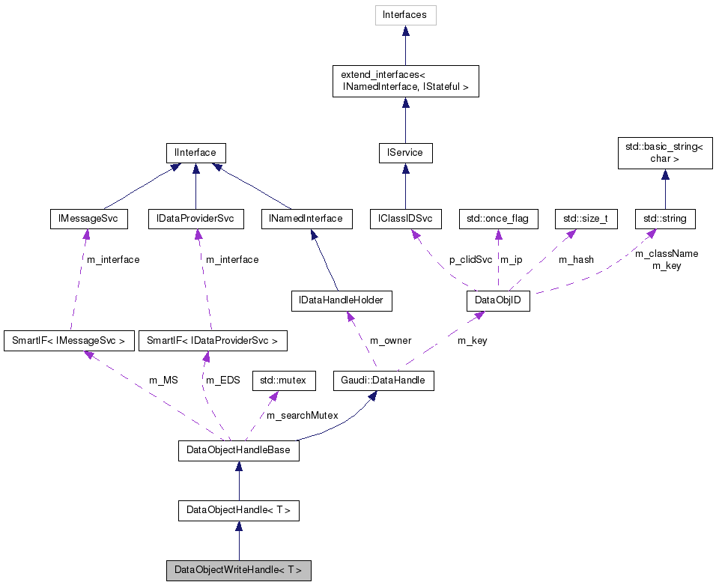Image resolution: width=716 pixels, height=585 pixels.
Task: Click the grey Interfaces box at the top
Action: tap(405, 15)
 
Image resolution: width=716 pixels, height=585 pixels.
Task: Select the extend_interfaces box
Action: tap(405, 81)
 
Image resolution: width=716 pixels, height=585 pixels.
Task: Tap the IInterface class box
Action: tap(195, 153)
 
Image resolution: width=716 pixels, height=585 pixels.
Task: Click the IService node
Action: tap(405, 153)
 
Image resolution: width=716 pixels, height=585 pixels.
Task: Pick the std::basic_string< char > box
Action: tap(664, 153)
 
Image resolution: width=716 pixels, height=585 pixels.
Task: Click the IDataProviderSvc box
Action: tap(195, 219)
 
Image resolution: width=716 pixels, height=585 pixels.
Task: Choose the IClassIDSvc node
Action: tap(405, 219)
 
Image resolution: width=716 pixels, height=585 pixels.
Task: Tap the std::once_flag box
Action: tap(498, 219)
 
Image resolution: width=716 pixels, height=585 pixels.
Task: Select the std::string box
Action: tap(665, 219)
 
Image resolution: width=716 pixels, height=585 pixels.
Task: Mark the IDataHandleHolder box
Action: tap(342, 301)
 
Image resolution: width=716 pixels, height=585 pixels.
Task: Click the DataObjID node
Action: tap(498, 301)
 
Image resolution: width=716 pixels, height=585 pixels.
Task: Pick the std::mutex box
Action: tap(283, 381)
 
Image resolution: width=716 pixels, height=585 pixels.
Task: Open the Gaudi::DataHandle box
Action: tap(383, 381)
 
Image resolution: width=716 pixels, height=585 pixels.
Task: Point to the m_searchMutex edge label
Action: tap(303, 415)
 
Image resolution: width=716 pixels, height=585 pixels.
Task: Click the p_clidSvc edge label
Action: tap(471, 259)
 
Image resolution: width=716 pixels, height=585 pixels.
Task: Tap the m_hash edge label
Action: tap(576, 259)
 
